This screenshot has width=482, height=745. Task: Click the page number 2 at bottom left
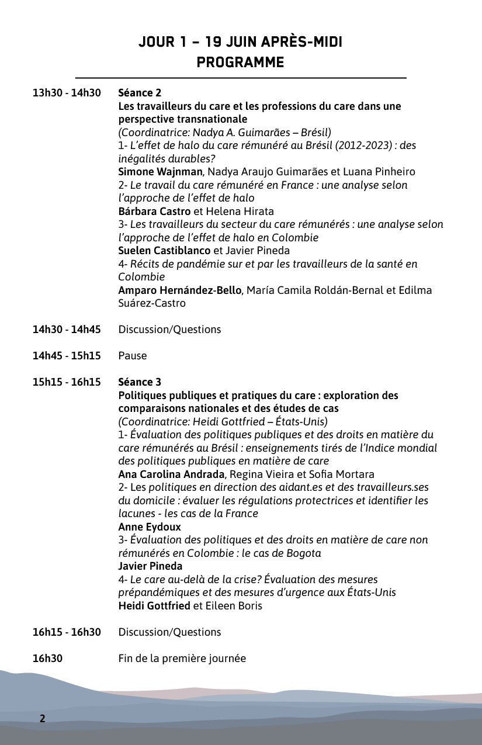pyautogui.click(x=42, y=718)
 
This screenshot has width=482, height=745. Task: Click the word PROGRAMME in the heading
pyautogui.click(x=240, y=62)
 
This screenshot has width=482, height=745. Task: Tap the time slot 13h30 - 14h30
pyautogui.click(x=67, y=93)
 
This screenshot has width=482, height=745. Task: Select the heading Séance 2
pyautogui.click(x=140, y=93)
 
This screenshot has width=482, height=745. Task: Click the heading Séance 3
pyautogui.click(x=140, y=382)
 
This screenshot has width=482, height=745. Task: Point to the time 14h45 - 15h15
pyautogui.click(x=67, y=356)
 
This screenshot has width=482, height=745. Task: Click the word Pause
pyautogui.click(x=133, y=356)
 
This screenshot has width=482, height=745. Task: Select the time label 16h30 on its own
pyautogui.click(x=47, y=659)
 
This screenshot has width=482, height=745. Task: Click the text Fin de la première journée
pyautogui.click(x=182, y=659)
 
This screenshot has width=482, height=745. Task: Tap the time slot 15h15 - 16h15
pyautogui.click(x=67, y=382)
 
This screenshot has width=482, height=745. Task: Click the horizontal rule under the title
pyautogui.click(x=240, y=78)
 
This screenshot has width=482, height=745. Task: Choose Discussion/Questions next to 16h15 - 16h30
pyautogui.click(x=169, y=632)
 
